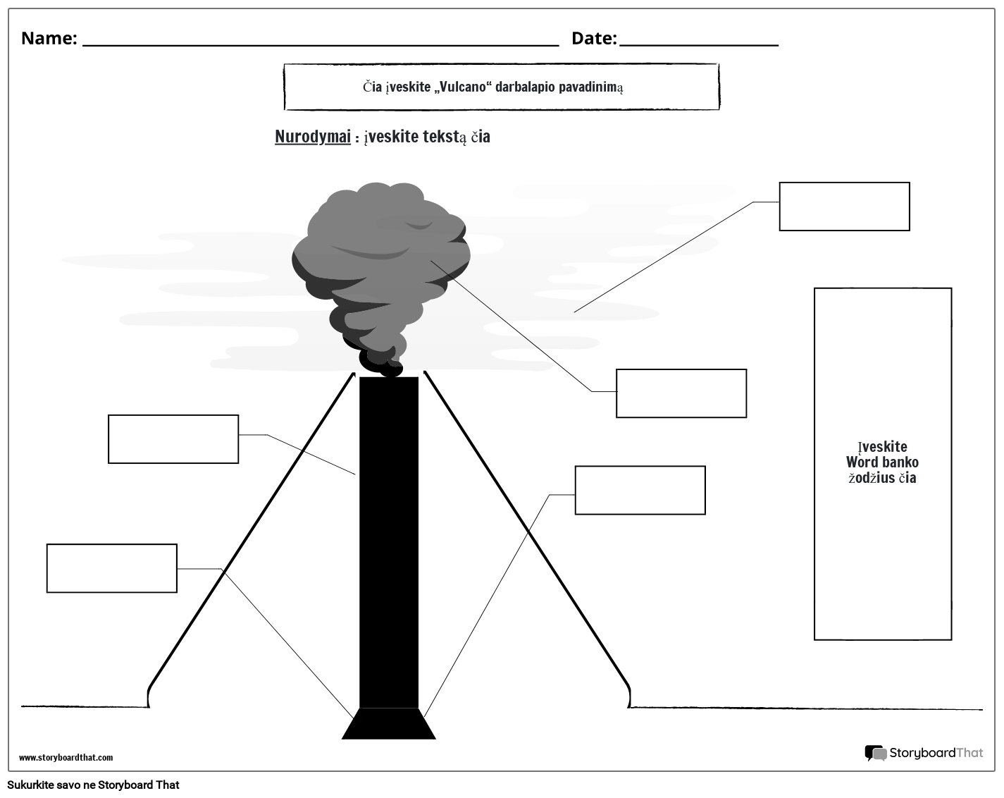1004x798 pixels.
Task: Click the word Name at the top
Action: pyautogui.click(x=48, y=38)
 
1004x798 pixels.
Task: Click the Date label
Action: pyautogui.click(x=593, y=38)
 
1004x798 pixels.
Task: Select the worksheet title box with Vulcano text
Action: pyautogui.click(x=502, y=87)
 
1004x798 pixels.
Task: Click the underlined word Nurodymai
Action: pyautogui.click(x=312, y=137)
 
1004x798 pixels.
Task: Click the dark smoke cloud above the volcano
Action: pyautogui.click(x=380, y=261)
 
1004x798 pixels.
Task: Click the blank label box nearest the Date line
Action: pyautogui.click(x=844, y=207)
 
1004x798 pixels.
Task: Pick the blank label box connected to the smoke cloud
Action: pyautogui.click(x=681, y=393)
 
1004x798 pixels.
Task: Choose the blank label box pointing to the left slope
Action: pyautogui.click(x=173, y=439)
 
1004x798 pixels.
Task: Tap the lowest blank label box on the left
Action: pyautogui.click(x=111, y=568)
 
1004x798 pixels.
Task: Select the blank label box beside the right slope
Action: pyautogui.click(x=640, y=490)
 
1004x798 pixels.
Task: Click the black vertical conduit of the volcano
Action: pyautogui.click(x=389, y=543)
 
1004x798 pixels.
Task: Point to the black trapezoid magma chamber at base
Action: pyautogui.click(x=389, y=725)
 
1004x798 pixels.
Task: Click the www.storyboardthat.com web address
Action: pyautogui.click(x=66, y=758)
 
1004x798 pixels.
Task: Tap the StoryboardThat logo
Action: pyautogui.click(x=924, y=753)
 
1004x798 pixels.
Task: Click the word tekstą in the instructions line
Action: pyautogui.click(x=445, y=137)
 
